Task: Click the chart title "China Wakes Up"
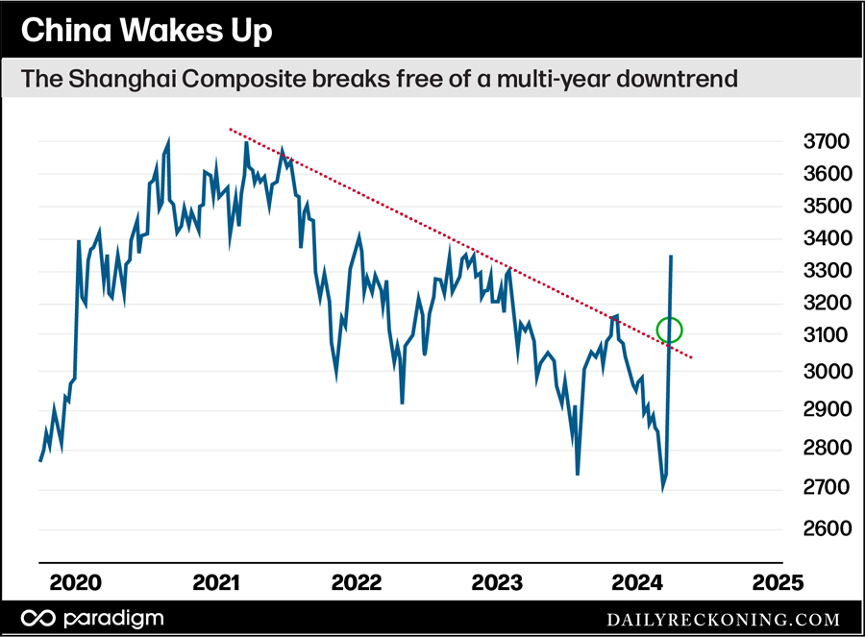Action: pos(146,32)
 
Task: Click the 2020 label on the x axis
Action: pos(76,582)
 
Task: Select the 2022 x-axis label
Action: pos(358,582)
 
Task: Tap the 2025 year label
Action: pos(777,582)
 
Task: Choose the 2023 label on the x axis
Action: pos(498,582)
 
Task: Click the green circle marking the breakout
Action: pos(669,330)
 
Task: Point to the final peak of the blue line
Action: pos(670,257)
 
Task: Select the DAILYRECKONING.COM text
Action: pos(723,619)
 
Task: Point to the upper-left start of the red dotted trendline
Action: pos(230,128)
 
